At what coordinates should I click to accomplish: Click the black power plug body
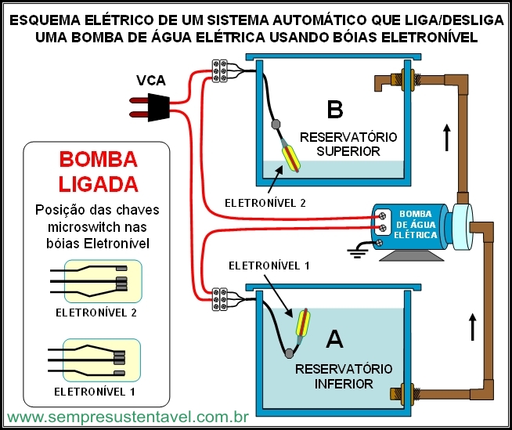click(159, 107)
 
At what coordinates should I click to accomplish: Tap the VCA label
click(151, 81)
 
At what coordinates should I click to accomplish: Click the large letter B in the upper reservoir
click(335, 110)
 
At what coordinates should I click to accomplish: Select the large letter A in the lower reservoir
click(335, 339)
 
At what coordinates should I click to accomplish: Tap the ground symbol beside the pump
click(357, 253)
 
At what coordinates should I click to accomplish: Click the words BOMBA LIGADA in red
click(99, 172)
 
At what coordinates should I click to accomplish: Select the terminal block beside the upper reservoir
click(219, 70)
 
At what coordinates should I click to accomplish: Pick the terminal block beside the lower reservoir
click(219, 298)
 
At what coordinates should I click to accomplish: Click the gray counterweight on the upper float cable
click(276, 125)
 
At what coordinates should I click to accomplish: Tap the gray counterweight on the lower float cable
click(289, 353)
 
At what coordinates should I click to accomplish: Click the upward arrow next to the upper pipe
click(447, 138)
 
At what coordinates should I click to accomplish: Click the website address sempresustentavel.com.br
click(128, 417)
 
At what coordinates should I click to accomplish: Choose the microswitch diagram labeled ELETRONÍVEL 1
click(95, 360)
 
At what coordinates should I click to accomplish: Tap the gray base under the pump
click(412, 256)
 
